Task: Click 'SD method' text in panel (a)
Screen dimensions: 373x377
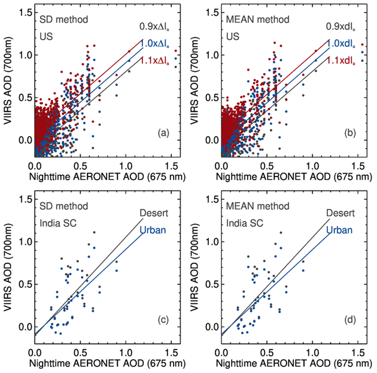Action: tap(62, 20)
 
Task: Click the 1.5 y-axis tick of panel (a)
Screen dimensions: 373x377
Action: tap(25, 13)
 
